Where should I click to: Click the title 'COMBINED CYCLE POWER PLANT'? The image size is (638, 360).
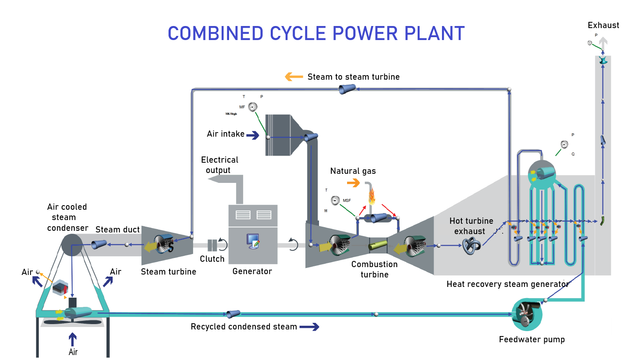[316, 34]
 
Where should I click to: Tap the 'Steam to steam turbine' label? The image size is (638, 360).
[353, 77]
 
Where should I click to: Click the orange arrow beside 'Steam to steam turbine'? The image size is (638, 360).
[294, 77]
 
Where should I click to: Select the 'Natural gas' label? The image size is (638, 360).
[353, 171]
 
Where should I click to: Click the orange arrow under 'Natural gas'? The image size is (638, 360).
[353, 182]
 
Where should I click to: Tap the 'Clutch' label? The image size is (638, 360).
[212, 259]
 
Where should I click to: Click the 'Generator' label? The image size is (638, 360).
[252, 271]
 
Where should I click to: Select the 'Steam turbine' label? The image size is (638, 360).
[168, 272]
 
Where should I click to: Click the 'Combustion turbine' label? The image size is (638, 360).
[374, 269]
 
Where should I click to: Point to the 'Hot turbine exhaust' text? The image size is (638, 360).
[471, 226]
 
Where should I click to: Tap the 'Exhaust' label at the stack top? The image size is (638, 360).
[603, 25]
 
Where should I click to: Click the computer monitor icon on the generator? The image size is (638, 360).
[253, 241]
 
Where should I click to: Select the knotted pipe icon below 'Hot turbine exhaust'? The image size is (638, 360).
[471, 246]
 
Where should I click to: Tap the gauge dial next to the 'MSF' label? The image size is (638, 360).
[335, 200]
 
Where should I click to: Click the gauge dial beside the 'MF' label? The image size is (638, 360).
[253, 107]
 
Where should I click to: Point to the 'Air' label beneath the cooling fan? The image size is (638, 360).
[73, 352]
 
